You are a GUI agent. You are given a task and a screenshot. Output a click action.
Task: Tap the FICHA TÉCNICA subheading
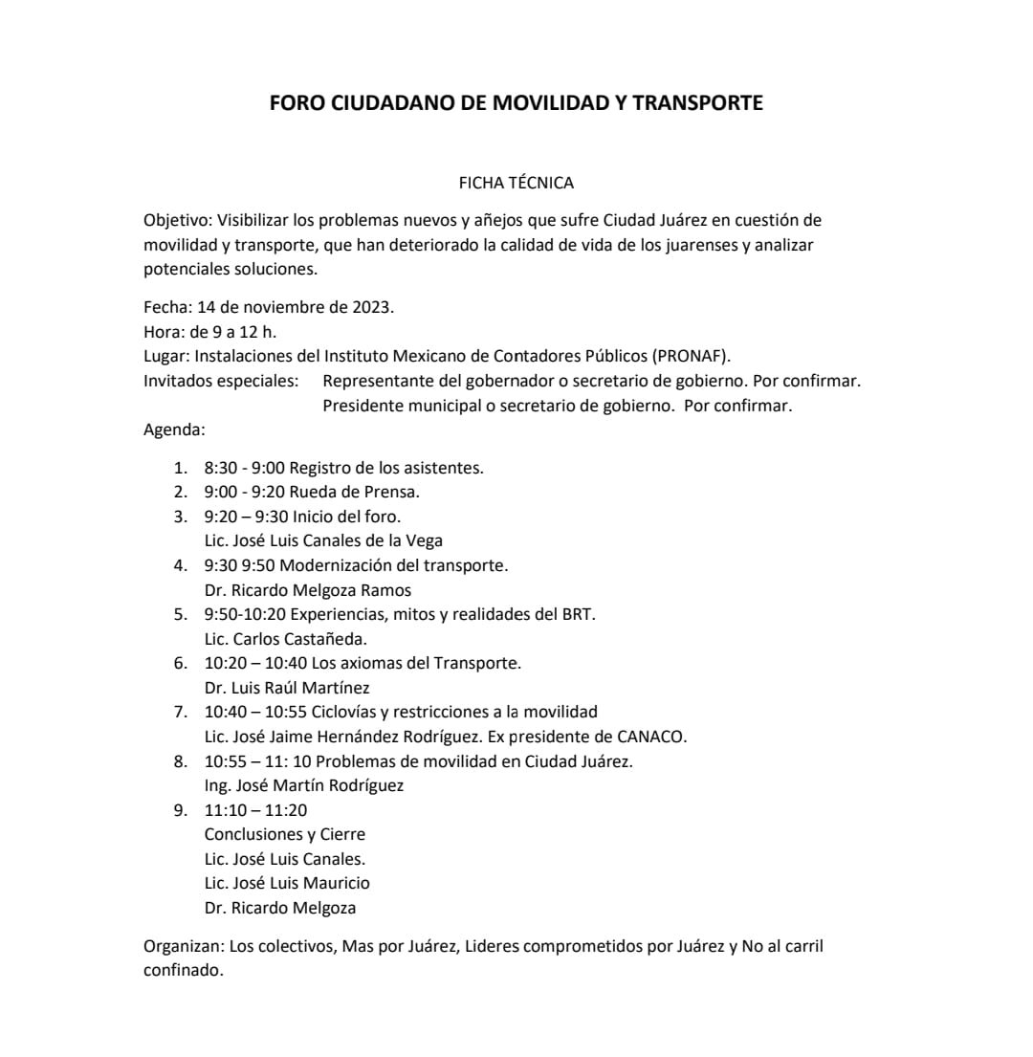point(516,182)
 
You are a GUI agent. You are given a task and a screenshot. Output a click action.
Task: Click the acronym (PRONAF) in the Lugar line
point(692,356)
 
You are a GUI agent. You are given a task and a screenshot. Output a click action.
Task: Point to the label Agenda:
point(174,429)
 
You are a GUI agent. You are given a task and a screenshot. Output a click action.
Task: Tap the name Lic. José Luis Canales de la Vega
point(323,540)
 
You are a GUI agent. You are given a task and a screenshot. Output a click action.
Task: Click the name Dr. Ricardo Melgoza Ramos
point(308,589)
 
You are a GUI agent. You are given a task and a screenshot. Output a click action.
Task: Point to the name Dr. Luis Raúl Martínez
point(287,688)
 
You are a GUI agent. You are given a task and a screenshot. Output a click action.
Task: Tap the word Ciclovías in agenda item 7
point(349,712)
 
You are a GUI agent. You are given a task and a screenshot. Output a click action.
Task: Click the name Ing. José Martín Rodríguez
point(304,785)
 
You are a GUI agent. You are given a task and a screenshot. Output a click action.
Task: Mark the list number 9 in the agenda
point(178,810)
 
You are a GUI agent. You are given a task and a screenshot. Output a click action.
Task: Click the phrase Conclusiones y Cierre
point(285,834)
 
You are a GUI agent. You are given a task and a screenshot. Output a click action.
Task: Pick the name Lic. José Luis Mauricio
point(287,883)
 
